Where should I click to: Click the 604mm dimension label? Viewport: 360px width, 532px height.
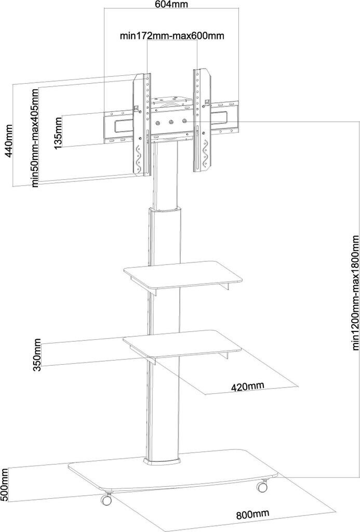tap(171, 5)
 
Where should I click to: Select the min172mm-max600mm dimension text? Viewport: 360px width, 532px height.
tap(172, 36)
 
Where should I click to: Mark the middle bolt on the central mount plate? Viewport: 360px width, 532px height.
tap(171, 123)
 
